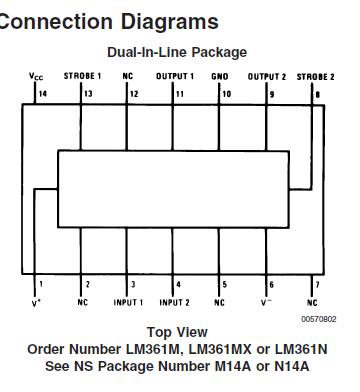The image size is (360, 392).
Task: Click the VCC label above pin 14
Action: pyautogui.click(x=36, y=76)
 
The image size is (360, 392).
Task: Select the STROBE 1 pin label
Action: pyautogui.click(x=82, y=76)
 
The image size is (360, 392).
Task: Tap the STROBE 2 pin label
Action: pyautogui.click(x=316, y=76)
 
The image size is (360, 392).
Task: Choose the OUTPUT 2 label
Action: pyautogui.click(x=267, y=76)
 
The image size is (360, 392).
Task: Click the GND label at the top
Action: pyautogui.click(x=222, y=76)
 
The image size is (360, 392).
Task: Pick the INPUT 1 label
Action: pyautogui.click(x=128, y=301)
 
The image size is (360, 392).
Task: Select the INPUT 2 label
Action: pyautogui.click(x=174, y=301)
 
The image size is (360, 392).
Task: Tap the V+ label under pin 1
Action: pyautogui.click(x=37, y=301)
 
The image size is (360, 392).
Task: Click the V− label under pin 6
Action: pyautogui.click(x=267, y=301)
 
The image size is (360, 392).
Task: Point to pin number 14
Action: pyautogui.click(x=42, y=93)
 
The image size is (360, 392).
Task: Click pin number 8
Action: pyautogui.click(x=318, y=93)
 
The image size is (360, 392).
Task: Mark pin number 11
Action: pyautogui.click(x=179, y=93)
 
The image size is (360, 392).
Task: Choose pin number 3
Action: pyautogui.click(x=133, y=285)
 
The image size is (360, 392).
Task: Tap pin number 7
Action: pyautogui.click(x=317, y=285)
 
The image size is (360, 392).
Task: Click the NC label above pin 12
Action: pyautogui.click(x=128, y=76)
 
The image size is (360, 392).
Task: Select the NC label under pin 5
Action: pyautogui.click(x=220, y=301)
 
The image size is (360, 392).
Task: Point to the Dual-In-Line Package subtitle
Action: pyautogui.click(x=177, y=52)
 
